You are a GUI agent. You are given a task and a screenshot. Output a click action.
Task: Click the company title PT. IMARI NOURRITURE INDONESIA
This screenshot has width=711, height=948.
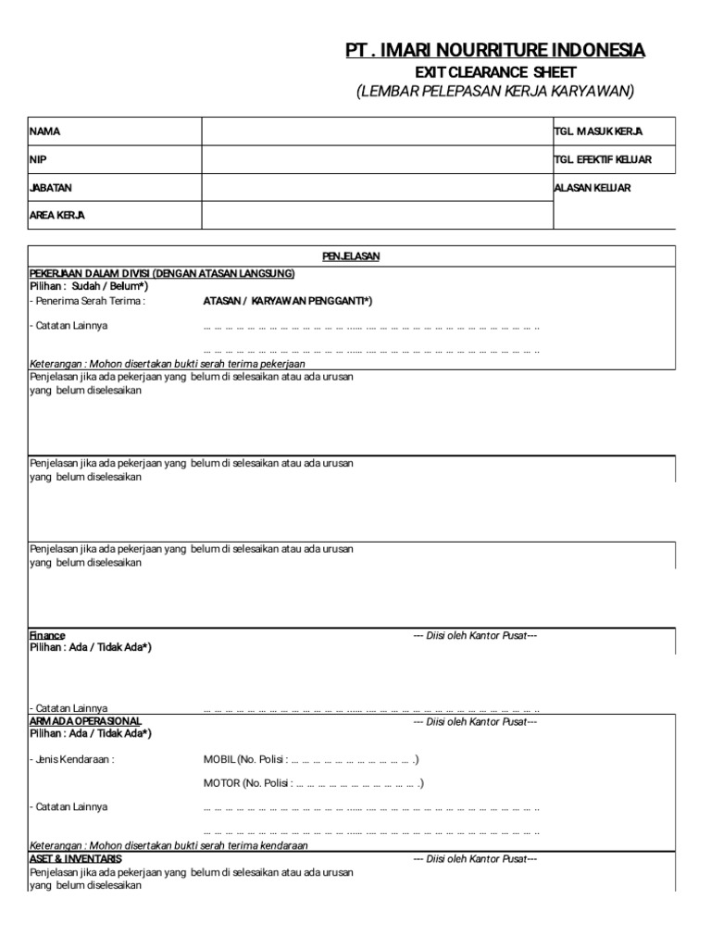point(495,50)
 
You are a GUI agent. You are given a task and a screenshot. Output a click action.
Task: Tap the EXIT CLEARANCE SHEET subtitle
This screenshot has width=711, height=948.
point(495,72)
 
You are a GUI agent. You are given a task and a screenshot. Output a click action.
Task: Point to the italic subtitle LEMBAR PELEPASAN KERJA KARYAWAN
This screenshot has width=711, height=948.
point(495,92)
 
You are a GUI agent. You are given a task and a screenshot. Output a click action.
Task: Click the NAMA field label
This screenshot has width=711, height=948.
point(45,132)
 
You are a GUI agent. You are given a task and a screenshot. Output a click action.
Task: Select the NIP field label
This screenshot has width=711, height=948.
point(38,160)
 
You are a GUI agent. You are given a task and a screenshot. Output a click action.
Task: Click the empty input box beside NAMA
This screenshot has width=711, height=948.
point(376,132)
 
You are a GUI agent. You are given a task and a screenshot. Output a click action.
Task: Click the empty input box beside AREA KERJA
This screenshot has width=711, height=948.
point(376,216)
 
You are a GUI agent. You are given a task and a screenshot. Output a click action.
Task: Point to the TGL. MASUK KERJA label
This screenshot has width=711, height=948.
point(598,132)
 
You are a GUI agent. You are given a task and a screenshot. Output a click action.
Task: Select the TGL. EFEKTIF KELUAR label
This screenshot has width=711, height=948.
point(603,160)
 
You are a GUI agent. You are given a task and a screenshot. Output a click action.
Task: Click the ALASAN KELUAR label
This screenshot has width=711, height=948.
point(592,188)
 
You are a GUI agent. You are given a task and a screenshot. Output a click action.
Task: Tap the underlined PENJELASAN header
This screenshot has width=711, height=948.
point(351,256)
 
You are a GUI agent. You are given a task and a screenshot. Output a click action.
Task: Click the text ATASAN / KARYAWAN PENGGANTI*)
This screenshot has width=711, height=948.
point(288,301)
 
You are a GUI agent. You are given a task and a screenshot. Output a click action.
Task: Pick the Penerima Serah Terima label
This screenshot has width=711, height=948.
point(88,301)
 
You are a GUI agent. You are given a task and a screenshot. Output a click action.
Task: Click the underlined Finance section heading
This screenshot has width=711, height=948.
point(47,635)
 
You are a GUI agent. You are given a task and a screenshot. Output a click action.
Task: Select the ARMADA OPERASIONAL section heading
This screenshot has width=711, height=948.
point(85,721)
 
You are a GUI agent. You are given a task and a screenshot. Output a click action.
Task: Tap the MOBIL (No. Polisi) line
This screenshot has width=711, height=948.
point(311,760)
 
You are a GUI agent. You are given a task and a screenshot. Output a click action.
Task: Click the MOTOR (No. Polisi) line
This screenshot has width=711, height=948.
point(314,783)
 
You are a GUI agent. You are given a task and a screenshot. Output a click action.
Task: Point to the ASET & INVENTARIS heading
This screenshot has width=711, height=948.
point(76,859)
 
